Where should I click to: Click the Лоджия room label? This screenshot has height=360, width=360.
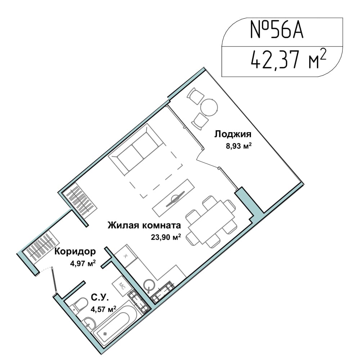tap(233, 134)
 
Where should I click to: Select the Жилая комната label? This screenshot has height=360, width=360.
tap(144, 225)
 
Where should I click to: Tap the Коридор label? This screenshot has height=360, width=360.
tap(75, 252)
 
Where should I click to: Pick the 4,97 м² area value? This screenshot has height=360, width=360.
tap(83, 263)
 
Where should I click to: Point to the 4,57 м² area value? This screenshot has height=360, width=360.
tap(103, 309)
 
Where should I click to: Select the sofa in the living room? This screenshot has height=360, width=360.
tap(136, 149)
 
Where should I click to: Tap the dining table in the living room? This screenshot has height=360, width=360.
tap(211, 222)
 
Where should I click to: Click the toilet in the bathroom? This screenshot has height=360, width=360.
tap(78, 305)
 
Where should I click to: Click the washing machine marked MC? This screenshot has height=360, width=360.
tap(121, 286)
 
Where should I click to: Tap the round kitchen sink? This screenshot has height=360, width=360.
tap(149, 285)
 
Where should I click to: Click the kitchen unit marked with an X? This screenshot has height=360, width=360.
tap(126, 256)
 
